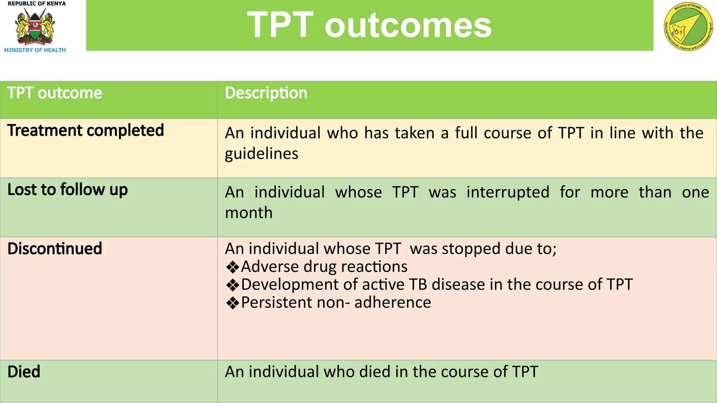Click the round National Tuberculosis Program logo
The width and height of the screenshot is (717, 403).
point(688,27)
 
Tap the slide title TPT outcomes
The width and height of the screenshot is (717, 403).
point(369,25)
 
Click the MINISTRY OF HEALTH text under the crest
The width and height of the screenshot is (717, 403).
point(35,50)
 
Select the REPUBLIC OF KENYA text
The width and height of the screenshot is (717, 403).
point(36,3)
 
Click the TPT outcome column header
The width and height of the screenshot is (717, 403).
point(55,93)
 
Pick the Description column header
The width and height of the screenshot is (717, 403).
point(266,93)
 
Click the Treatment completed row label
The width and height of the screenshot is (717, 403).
point(85,130)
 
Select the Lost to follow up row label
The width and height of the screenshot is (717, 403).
point(67,190)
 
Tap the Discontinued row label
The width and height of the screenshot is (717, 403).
point(55,249)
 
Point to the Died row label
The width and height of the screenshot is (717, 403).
point(24,372)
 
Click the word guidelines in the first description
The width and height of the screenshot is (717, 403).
point(261,154)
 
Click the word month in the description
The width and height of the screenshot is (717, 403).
point(249,213)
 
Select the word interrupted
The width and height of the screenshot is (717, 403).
point(508,192)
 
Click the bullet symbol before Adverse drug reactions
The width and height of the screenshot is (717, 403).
point(232,267)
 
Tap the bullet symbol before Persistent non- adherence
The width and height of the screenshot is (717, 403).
point(232,303)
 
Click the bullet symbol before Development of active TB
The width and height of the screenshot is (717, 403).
point(232,285)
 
